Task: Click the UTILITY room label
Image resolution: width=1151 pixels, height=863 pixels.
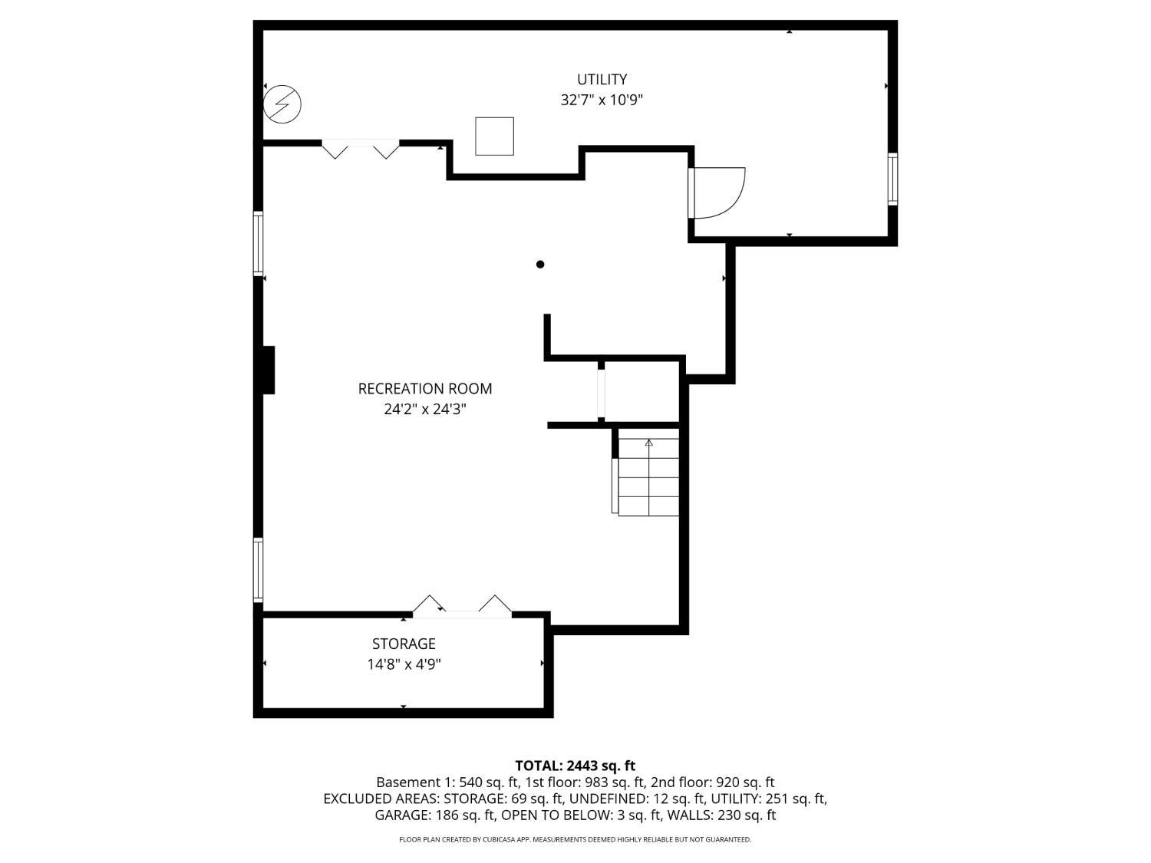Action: pos(602,79)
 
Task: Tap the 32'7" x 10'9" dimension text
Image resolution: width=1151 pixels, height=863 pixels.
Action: pos(602,100)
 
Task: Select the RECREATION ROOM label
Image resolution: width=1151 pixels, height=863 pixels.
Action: pos(425,389)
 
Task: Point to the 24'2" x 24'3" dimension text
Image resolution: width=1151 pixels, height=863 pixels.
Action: pos(425,409)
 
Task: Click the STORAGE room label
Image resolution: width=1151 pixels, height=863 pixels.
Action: pos(404,644)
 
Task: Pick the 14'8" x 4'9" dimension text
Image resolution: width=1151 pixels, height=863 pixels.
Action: pos(404,664)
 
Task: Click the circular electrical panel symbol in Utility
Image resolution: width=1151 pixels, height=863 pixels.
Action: pos(282,104)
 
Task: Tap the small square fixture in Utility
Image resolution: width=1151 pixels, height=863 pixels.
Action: pos(494,137)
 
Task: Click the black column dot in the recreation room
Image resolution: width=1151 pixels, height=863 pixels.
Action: pos(540,264)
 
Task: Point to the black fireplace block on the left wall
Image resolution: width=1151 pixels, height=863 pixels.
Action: pos(269,370)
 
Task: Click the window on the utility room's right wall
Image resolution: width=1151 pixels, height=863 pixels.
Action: pos(892,179)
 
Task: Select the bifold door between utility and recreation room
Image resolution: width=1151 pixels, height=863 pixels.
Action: pos(360,148)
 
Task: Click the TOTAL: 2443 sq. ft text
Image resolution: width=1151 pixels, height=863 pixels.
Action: pos(575,766)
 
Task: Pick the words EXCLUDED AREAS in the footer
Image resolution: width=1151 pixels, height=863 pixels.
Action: pos(381,799)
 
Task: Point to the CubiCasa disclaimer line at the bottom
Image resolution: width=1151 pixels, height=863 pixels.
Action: pos(575,839)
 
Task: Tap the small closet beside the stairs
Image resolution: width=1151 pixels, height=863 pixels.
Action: pos(641,391)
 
